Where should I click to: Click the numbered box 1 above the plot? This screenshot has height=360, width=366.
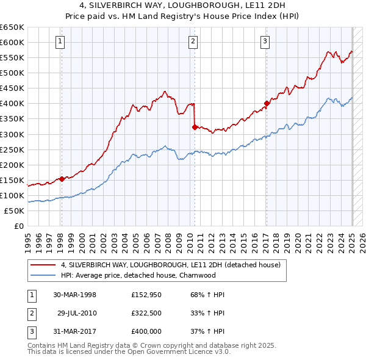[61, 41]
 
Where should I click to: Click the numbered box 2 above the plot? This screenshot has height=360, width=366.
[193, 41]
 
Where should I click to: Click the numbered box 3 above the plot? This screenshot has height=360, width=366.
[266, 41]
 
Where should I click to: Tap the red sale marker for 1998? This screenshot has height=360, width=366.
[62, 179]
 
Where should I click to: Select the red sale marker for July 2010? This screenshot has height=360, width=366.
[195, 127]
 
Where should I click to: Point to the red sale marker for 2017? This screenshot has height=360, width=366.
[267, 103]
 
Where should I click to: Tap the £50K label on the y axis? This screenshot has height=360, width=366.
[15, 211]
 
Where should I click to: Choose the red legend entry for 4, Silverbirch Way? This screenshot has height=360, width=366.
[170, 265]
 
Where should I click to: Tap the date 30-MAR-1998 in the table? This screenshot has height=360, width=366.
[75, 295]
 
